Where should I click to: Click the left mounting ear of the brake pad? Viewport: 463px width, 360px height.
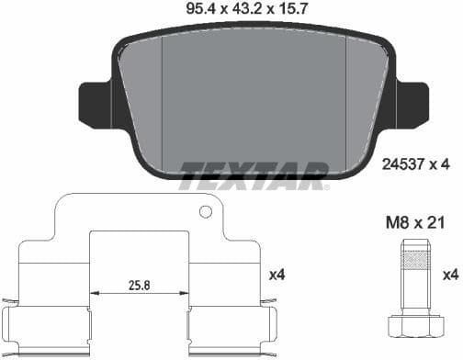point(96,105)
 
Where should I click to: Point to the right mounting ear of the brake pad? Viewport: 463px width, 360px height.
point(410,105)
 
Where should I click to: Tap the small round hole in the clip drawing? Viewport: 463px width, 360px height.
point(206,212)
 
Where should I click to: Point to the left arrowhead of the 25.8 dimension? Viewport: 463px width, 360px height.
point(93,295)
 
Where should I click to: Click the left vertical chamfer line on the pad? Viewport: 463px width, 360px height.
point(163,101)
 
